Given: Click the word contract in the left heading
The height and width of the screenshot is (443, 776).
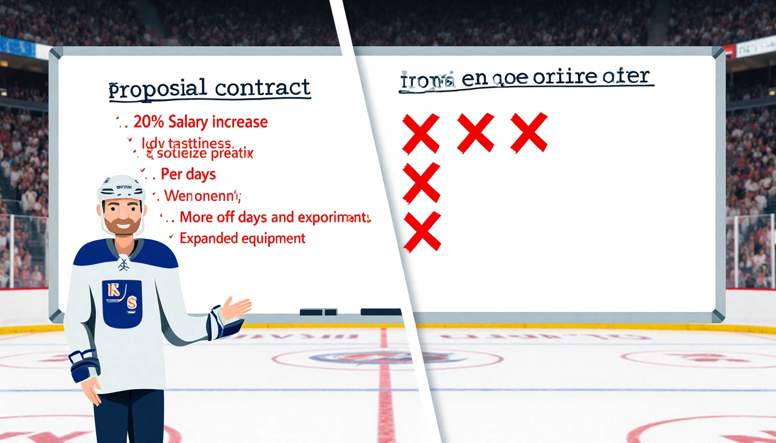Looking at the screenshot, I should pos(262,88).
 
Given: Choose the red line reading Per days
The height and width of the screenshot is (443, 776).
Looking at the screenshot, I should pos(188,174).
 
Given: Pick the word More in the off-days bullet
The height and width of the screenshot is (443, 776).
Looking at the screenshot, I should pos(195,217).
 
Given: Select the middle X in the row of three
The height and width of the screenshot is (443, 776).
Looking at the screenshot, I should pos(475,133).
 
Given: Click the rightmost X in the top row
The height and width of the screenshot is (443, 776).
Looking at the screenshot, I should pos(529,132).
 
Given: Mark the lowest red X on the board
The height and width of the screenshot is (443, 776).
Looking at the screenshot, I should pos(422,232).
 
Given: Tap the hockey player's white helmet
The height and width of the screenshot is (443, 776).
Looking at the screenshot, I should pos(121,188).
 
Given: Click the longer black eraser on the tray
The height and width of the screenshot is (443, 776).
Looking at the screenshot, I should pos(381,312).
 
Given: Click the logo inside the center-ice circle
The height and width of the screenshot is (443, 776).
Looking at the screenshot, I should pos(387,358).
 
